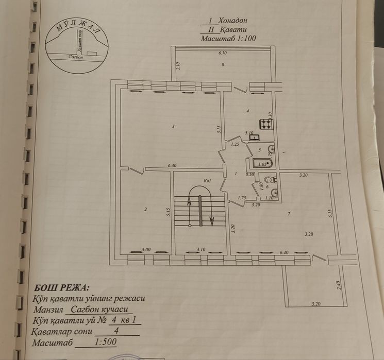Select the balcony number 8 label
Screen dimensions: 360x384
pyautogui.click(x=223, y=64)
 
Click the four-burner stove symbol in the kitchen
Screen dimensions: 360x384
pyautogui.click(x=266, y=124)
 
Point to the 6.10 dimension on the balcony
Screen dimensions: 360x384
pyautogui.click(x=223, y=53)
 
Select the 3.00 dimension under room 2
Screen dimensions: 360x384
pyautogui.click(x=146, y=249)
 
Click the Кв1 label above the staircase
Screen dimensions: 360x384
pyautogui.click(x=208, y=180)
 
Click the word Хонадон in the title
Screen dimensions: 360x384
pyautogui.click(x=232, y=21)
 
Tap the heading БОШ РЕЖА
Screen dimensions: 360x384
pyautogui.click(x=61, y=287)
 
